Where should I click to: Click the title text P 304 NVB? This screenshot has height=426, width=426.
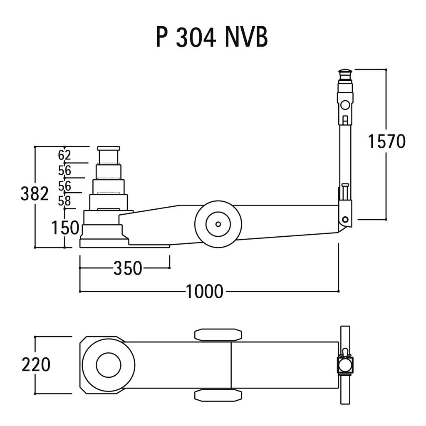(212, 37)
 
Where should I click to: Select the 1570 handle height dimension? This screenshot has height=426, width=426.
(386, 141)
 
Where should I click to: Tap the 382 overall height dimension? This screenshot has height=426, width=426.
(35, 194)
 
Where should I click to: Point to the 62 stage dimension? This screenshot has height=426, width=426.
(64, 155)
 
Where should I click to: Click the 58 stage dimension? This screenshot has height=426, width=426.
(64, 201)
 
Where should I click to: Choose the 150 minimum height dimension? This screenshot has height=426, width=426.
(65, 228)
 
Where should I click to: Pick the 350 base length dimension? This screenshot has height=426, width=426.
(128, 268)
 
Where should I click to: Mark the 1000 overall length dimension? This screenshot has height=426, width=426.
(205, 292)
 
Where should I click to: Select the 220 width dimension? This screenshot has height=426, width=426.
(36, 364)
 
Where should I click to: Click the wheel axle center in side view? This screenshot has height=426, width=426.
(218, 224)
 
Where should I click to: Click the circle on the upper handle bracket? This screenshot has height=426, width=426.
(345, 105)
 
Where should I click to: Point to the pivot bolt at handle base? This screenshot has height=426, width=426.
(345, 220)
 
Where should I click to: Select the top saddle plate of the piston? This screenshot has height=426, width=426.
(109, 149)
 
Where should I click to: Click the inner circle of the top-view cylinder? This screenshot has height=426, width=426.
(109, 365)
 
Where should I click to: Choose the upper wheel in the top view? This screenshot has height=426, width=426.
(218, 335)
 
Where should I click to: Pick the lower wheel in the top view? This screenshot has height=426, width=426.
(218, 395)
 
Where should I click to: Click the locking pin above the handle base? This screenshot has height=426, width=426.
(345, 192)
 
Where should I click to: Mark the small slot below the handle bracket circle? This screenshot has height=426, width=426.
(345, 120)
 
